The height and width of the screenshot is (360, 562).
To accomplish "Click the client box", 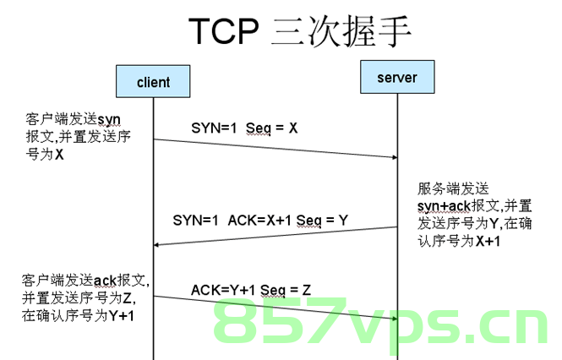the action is point(153,81).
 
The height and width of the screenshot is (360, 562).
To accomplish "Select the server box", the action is point(397,77).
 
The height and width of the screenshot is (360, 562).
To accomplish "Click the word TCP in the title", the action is point(224,30).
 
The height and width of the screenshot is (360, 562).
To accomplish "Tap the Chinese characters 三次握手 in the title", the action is point(341,31).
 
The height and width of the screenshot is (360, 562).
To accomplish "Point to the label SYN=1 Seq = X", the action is point(244,128).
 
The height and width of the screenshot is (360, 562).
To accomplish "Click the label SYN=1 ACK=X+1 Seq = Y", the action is point(260,221).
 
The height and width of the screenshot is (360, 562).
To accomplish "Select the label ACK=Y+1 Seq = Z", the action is point(251,290).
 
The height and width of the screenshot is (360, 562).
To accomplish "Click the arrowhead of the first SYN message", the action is point(395,157).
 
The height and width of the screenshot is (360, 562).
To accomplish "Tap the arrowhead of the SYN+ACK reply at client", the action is point(156,245).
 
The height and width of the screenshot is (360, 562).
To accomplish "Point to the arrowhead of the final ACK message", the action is point(395,319).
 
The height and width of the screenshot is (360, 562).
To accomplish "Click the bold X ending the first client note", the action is point(59,155).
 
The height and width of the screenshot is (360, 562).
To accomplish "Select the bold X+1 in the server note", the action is point(488,241).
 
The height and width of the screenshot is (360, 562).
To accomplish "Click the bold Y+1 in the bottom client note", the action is point(122,316).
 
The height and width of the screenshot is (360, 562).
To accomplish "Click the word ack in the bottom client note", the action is point(105,281).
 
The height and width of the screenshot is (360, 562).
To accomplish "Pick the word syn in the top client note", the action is point(109,120).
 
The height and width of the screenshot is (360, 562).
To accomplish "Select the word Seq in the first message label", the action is point(259,128).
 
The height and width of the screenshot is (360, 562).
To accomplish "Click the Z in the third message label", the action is point(307,290).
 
